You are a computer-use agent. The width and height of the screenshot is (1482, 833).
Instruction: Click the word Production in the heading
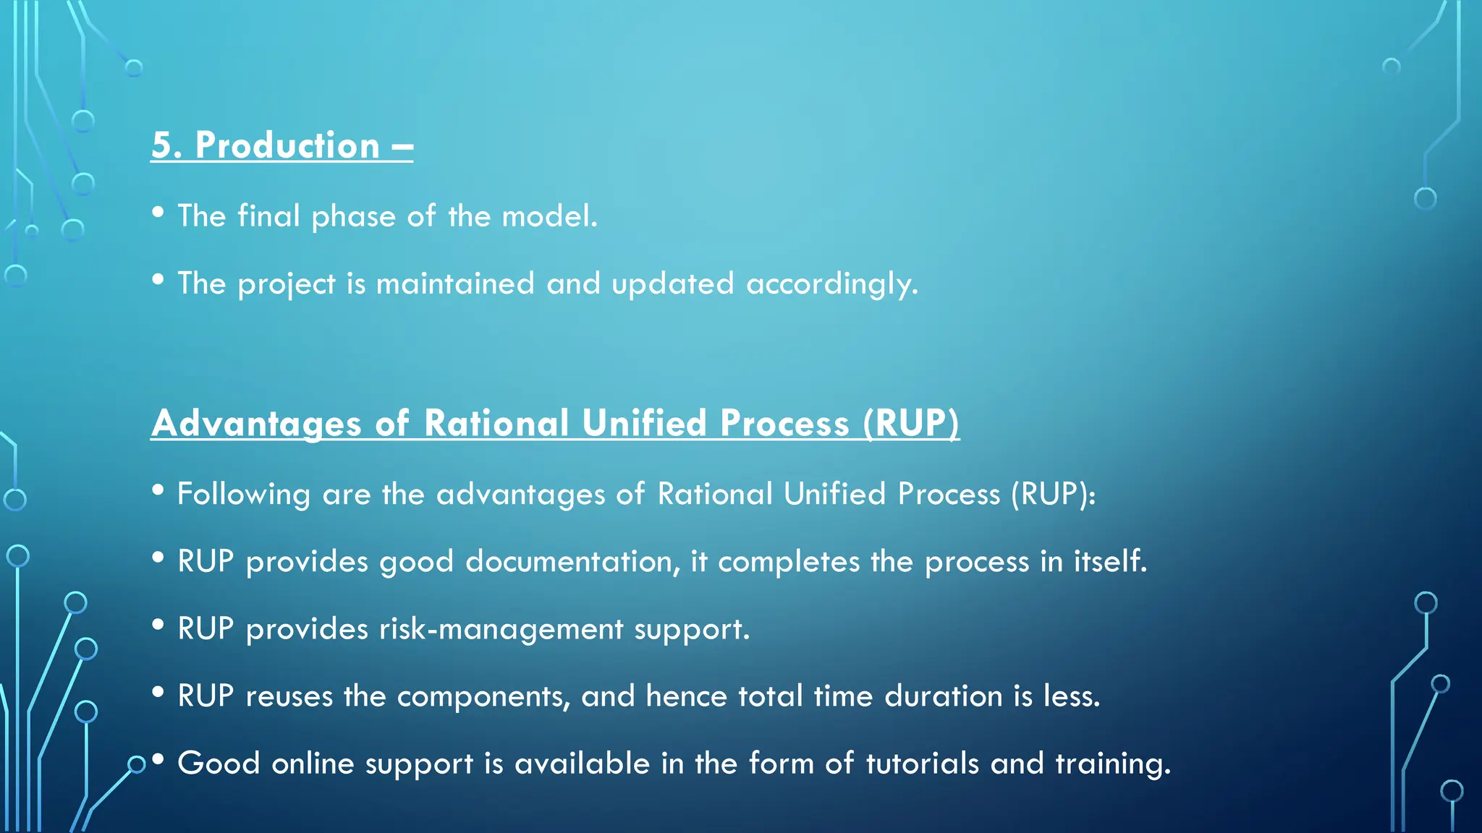287,146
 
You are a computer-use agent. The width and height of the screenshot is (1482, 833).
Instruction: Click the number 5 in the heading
161,146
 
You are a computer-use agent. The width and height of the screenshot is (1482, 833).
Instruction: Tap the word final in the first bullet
268,216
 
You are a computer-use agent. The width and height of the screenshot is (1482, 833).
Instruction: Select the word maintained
455,283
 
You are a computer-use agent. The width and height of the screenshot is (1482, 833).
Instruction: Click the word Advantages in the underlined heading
256,424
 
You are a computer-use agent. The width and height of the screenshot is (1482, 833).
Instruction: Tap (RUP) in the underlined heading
911,424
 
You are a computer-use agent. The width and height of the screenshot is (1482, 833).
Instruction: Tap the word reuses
289,696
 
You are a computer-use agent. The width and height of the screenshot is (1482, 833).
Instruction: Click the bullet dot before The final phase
158,213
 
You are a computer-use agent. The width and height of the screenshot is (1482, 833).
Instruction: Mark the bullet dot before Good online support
158,760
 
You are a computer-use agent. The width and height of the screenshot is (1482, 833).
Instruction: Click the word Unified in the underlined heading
643,424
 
